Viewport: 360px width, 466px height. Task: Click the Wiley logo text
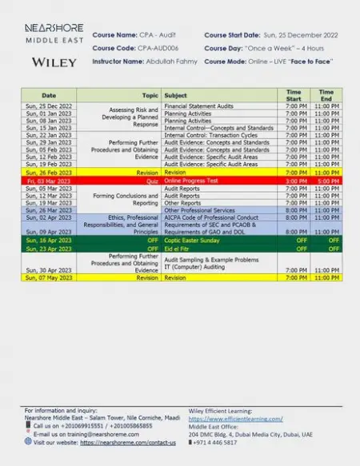tap(54, 62)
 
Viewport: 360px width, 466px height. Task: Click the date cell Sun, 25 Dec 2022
tap(49, 106)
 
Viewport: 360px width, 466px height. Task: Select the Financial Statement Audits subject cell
tap(198, 106)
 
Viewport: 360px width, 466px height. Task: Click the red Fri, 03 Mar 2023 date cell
tap(49, 181)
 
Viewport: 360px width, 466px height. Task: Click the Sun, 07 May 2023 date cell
tap(49, 278)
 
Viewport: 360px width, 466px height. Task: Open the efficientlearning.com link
tap(235, 419)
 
